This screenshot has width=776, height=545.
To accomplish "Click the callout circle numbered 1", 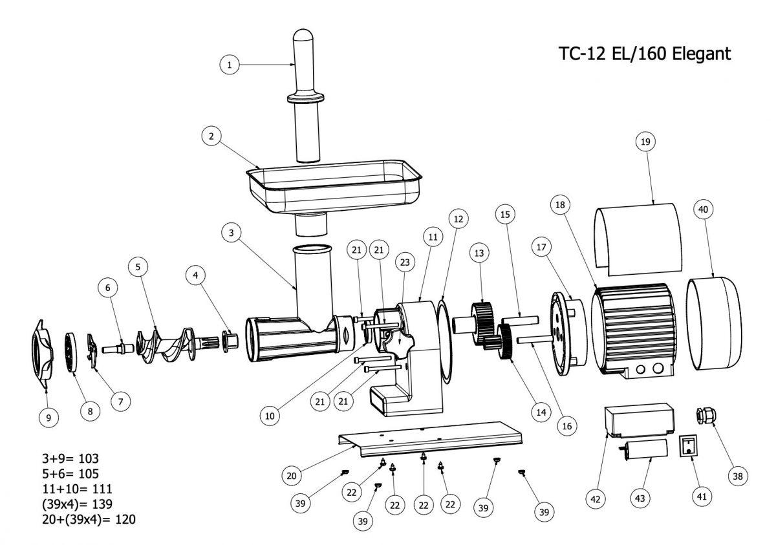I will pos(230,64).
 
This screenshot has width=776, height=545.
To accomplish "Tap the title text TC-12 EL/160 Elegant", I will pos(644,54).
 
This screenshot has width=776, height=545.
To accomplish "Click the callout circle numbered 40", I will pos(704,210).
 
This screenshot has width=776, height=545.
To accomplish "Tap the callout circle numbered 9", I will pos(48,417).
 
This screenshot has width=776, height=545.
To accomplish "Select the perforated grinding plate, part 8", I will pos(70,351).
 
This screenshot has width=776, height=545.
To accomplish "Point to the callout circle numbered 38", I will pos(736,476).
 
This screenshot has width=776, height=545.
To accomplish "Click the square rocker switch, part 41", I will pos(689,445).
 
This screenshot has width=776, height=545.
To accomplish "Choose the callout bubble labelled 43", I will pos(640,498).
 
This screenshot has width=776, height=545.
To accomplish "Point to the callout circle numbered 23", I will pos(405,262).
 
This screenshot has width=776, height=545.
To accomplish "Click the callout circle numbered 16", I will pos(566,426).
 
